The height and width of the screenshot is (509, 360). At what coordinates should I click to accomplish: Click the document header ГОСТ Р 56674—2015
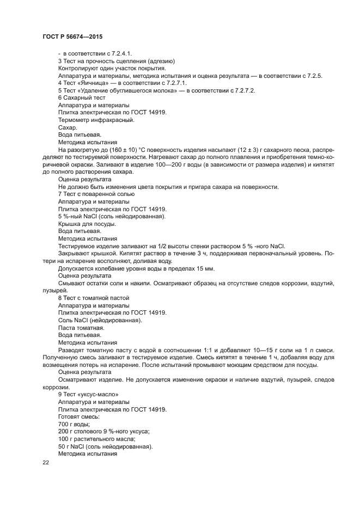pos(72,36)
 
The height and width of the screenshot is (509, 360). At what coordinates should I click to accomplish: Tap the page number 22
pos(46,462)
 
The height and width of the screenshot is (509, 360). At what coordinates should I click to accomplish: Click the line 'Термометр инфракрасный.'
pos(96,120)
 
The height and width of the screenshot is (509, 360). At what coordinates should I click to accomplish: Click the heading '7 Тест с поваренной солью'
pos(96,194)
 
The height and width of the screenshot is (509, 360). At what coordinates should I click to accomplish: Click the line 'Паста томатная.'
pos(81,328)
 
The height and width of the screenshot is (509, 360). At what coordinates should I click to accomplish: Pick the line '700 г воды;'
pos(74,424)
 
